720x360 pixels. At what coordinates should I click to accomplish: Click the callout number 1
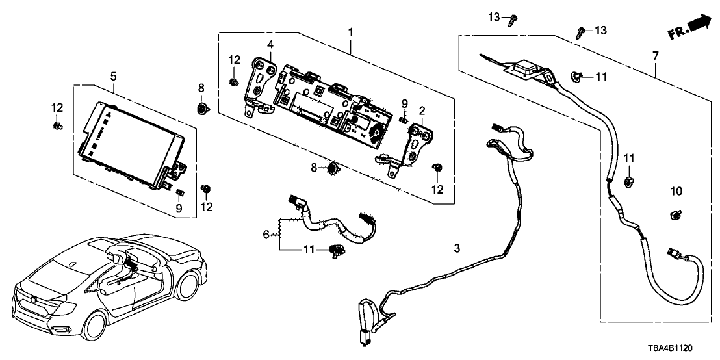[351, 31]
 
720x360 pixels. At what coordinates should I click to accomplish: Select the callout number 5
[113, 76]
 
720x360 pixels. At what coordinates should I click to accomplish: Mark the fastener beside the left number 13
[513, 20]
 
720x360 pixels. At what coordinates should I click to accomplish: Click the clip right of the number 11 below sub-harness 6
[337, 249]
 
